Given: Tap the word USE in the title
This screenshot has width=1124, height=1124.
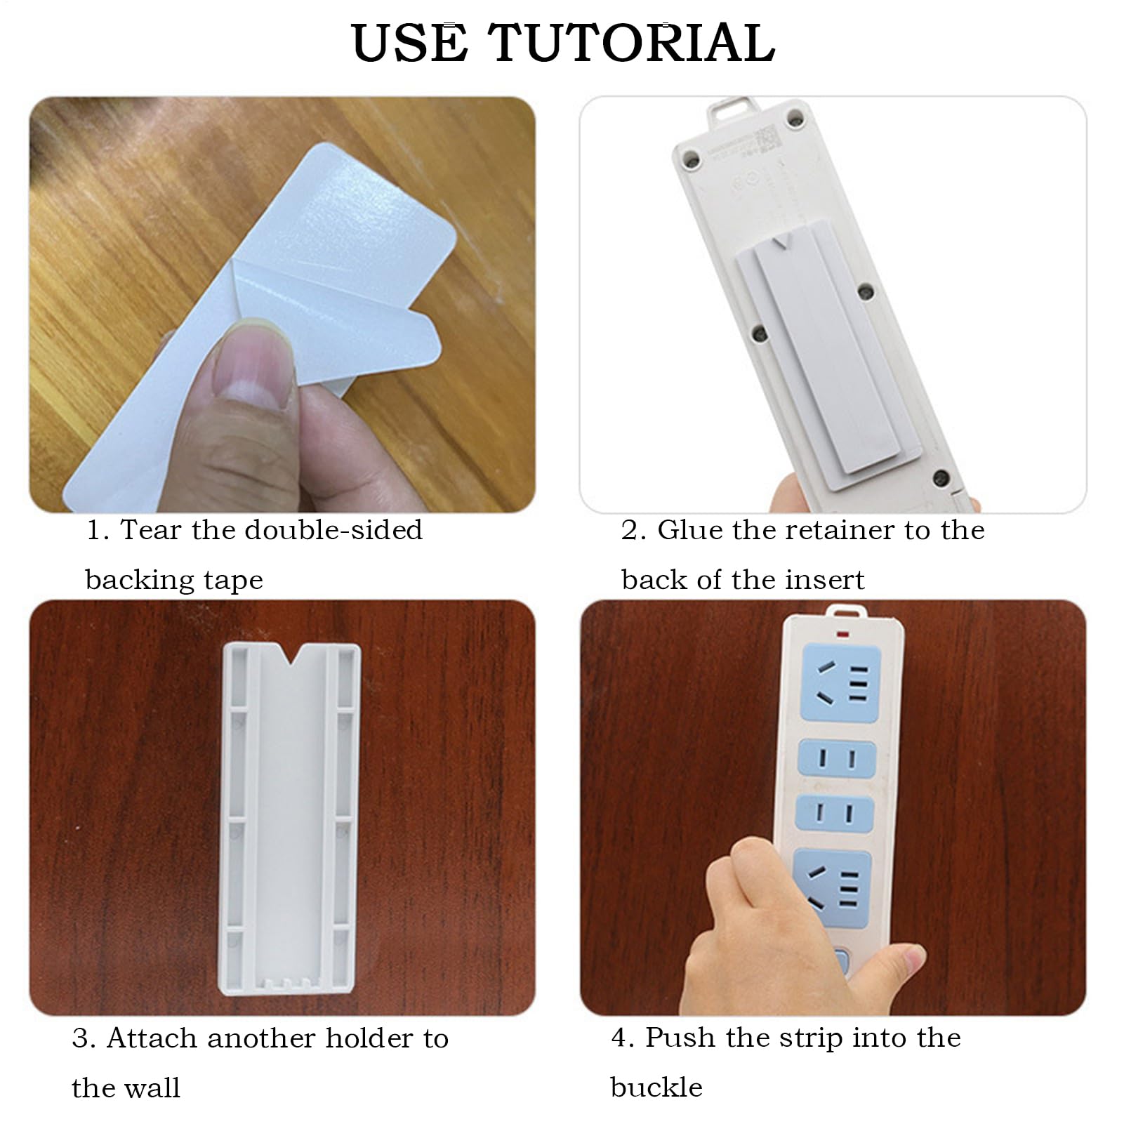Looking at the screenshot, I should [409, 43].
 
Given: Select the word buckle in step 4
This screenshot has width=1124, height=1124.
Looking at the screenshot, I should [656, 1087].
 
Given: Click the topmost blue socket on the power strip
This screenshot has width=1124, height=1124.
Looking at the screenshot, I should [840, 681].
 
